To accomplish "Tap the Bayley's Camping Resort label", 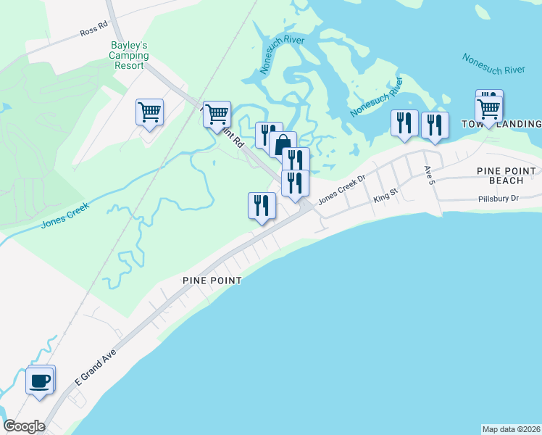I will [130, 55].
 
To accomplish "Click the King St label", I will [385, 196].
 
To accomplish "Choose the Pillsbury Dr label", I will [499, 199].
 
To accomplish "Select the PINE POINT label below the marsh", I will [211, 280].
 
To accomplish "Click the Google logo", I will [24, 426].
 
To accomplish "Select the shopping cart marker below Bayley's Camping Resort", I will [149, 113].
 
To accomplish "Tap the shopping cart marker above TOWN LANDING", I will [489, 109].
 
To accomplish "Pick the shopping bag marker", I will [283, 144].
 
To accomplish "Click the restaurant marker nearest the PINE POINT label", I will [262, 205].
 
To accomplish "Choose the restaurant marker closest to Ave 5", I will [434, 125].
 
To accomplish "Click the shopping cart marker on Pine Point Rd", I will [217, 114].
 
